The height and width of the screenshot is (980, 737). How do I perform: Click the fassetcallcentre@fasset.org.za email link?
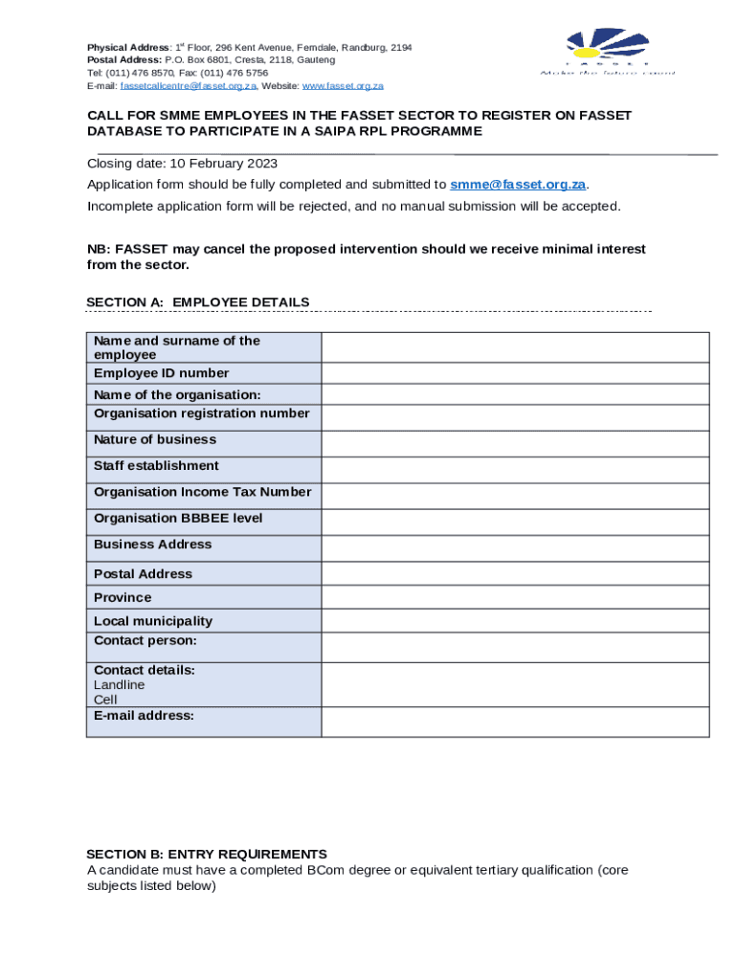tap(189, 86)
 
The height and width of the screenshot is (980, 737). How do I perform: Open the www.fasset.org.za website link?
tap(342, 86)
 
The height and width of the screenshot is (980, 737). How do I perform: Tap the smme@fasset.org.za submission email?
tap(517, 185)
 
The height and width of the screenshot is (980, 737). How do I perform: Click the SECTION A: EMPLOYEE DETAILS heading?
tap(198, 302)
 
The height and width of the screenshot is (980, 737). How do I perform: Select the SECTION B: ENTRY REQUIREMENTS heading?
tap(207, 854)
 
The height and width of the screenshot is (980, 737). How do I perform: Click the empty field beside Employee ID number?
tap(515, 373)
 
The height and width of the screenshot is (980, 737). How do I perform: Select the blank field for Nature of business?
tap(515, 443)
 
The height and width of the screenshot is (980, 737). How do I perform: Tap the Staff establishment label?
tap(156, 466)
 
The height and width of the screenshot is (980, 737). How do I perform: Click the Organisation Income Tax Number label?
tap(202, 492)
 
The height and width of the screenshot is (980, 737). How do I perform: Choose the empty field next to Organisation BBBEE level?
tap(515, 522)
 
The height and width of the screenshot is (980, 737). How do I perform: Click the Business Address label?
tap(153, 545)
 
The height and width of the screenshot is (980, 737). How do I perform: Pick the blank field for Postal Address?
tap(515, 574)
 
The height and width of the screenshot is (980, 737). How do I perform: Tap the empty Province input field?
tap(515, 597)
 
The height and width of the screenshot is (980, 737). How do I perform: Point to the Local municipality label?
tap(153, 621)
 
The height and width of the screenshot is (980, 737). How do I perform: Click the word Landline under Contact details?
tap(120, 685)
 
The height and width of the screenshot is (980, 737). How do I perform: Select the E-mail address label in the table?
tap(144, 715)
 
